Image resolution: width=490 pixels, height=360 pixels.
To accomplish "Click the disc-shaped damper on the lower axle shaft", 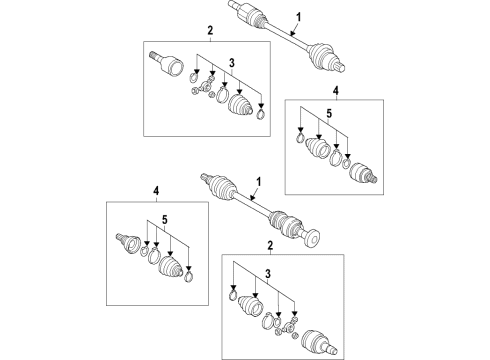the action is tap(313, 238).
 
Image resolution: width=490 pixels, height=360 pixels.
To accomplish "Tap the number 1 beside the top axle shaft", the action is tap(299, 17).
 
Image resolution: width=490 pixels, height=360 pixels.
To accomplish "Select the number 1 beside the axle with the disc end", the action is tap(258, 182).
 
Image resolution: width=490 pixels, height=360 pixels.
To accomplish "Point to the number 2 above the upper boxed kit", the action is tap(210, 31).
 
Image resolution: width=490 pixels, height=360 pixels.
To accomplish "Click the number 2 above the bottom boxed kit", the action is tap(270, 246).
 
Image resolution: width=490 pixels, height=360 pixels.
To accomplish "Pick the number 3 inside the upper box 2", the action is tap(232, 63).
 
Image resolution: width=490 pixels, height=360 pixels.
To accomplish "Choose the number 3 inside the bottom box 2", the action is tap(268, 274).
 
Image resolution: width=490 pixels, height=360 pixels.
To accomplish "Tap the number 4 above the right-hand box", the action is tap(336, 90).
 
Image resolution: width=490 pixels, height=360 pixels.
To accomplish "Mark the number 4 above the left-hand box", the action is tap(156, 191).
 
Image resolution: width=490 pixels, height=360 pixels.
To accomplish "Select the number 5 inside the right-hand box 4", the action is tap(329, 114).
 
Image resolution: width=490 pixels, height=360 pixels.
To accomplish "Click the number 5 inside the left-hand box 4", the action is tap(164, 220).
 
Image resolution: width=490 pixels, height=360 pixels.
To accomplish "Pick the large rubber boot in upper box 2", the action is tap(240, 105).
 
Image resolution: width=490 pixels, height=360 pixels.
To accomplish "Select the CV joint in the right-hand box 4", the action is tap(363, 173).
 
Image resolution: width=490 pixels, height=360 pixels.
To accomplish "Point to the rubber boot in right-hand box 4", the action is tap(318, 147).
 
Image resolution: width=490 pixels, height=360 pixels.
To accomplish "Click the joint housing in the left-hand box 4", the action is tap(129, 244).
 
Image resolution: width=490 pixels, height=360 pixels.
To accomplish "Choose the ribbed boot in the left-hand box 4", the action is tap(171, 267).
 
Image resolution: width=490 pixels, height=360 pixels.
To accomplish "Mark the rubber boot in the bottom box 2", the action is tap(251, 306).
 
